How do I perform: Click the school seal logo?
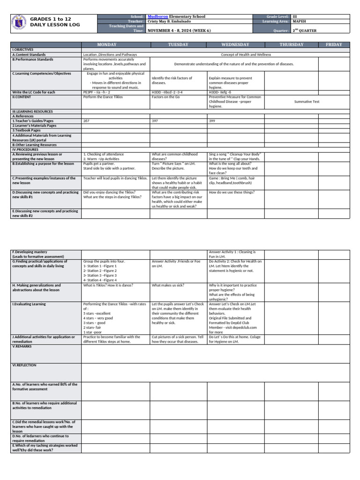coord(18,24)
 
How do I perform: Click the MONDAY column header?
coord(115,45)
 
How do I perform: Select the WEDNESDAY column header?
coord(235,45)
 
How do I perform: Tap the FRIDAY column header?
coord(334,45)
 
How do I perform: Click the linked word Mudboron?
coord(158,16)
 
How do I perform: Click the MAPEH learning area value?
coord(300,21)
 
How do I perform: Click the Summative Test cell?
coord(307,101)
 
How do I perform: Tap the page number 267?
coord(86,121)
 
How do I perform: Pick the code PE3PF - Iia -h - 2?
coord(97,92)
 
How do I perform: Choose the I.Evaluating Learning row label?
coord(29,304)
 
